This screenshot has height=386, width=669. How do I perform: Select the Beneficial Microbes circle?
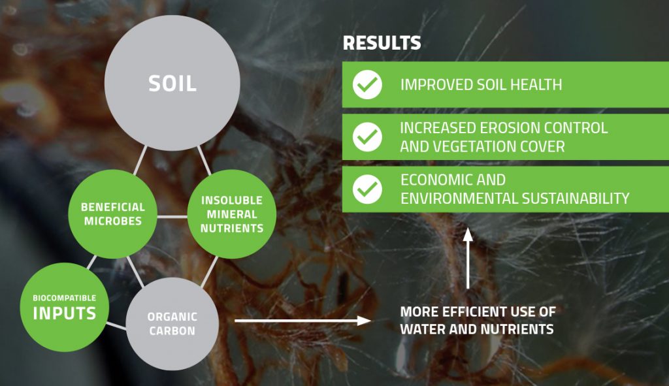coord(112,214)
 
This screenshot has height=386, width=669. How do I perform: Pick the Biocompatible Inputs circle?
coord(64,306)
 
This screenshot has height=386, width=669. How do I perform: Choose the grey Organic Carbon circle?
coord(172,323)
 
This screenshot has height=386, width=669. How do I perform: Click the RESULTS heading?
coord(382,44)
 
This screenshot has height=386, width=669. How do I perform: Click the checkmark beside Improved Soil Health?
coord(367,85)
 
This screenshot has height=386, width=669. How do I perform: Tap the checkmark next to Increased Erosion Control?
coord(367,137)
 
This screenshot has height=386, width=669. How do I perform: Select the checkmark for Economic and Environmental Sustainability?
coord(367,188)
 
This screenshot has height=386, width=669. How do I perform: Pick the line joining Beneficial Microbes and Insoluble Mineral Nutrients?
coord(172,216)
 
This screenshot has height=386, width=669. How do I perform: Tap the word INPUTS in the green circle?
coord(64,314)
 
